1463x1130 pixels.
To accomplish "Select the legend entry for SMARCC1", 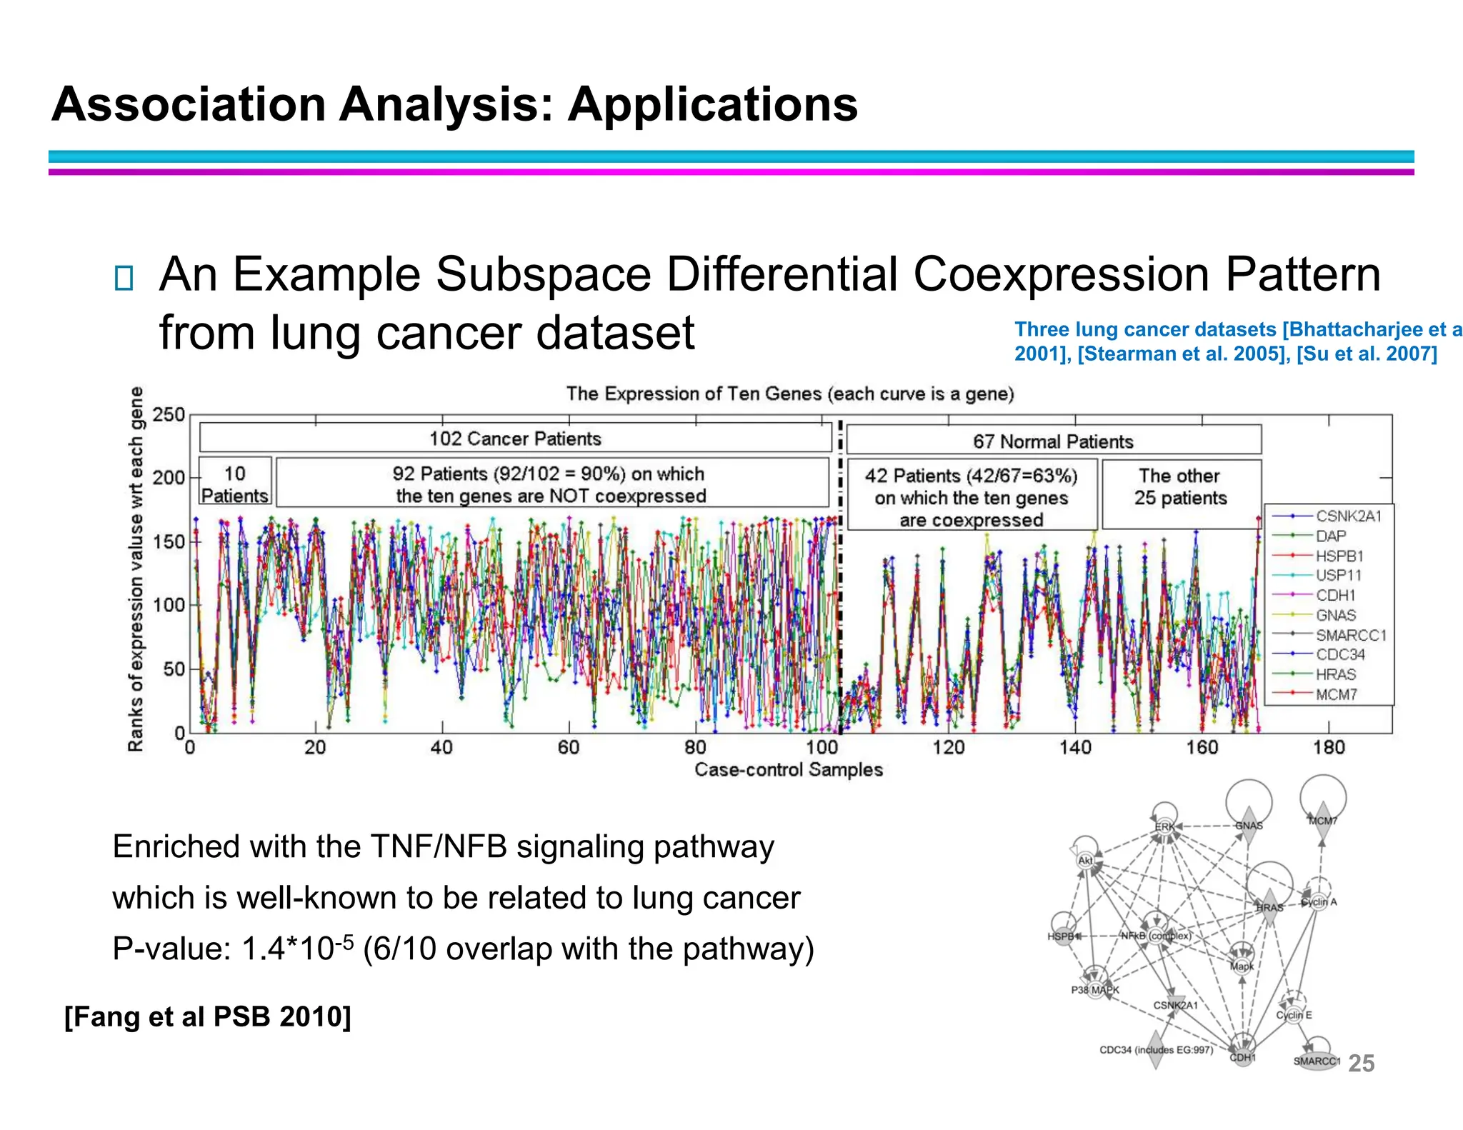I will [x=1350, y=635].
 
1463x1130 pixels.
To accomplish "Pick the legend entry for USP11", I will [x=1339, y=575].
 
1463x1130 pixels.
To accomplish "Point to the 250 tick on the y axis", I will [x=169, y=415].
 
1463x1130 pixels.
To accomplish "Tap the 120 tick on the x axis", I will [x=948, y=748].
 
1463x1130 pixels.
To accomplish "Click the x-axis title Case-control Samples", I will [x=789, y=769].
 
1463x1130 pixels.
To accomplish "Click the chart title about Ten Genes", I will [x=790, y=394].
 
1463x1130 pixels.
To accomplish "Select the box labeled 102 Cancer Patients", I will [x=515, y=438].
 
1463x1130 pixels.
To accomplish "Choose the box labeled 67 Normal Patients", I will [x=1053, y=441].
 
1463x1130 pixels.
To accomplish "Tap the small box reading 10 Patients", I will [x=235, y=484].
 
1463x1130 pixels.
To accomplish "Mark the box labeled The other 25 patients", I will [x=1180, y=487].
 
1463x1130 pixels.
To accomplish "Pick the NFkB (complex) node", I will [x=1156, y=935].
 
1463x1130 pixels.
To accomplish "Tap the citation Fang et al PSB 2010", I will [x=208, y=1016].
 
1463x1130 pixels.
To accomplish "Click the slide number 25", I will [x=1361, y=1063].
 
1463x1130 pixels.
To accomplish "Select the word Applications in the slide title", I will [x=712, y=104].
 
